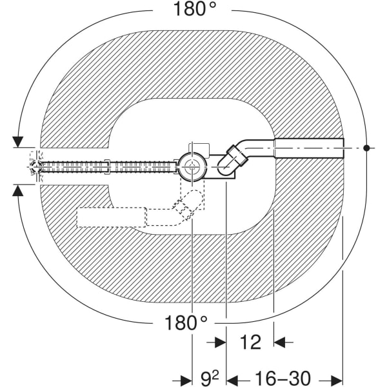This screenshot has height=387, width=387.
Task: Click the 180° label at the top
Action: click(195, 9)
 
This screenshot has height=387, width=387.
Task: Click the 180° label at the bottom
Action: click(186, 323)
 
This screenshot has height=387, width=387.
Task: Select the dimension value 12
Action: click(250, 342)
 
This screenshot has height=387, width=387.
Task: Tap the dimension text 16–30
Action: click(283, 378)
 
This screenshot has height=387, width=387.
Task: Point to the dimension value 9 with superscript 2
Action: click(210, 379)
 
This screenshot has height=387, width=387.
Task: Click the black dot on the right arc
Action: click(366, 148)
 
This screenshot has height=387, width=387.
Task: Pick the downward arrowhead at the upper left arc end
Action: click(18, 142)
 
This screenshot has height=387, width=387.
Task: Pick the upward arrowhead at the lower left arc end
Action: click(18, 191)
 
